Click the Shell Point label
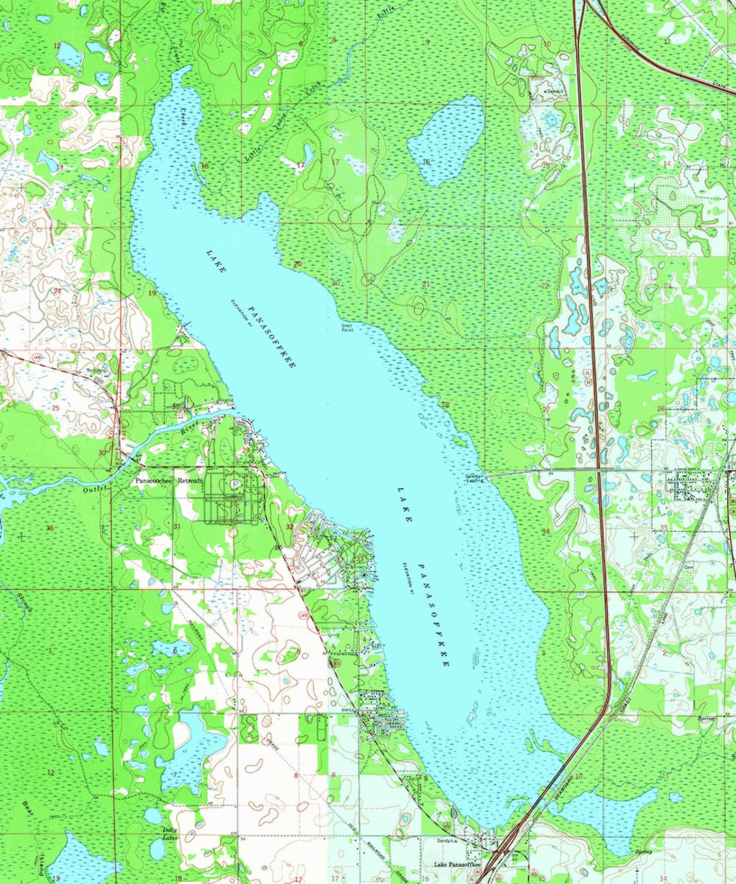coord(348,327)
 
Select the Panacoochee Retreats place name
coord(168,481)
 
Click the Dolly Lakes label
coord(169,833)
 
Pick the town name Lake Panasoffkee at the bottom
coord(457,865)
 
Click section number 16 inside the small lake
coord(427,162)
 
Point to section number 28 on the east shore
coord(445,405)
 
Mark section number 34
coord(545,531)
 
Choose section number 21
coord(426,284)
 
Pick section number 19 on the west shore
coord(152,293)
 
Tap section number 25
coord(56,408)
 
